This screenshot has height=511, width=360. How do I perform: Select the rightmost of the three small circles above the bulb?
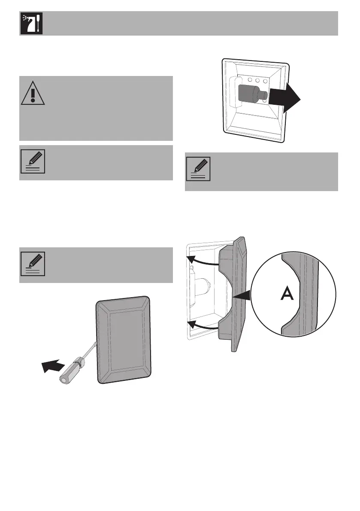click(265, 80)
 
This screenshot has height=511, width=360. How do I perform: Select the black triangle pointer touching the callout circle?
click(243, 295)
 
